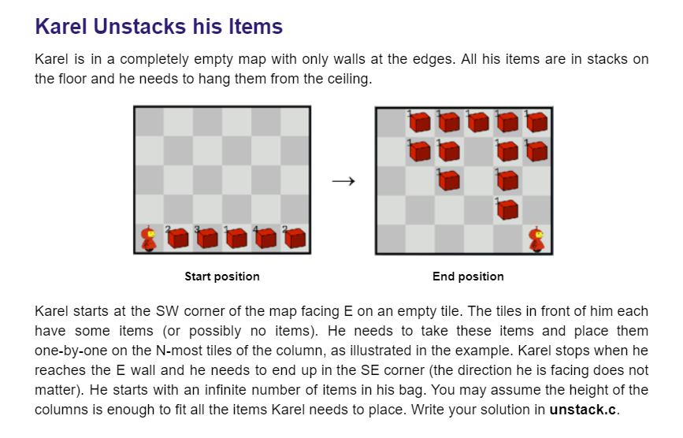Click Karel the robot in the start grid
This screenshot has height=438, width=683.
pos(148,238)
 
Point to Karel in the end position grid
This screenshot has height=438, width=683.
pos(537,238)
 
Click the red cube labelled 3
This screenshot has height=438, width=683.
pos(208,238)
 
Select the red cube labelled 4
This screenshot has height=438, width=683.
pos(266,238)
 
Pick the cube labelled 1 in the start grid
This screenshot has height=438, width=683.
pos(237,238)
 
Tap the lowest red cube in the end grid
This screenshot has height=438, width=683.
pos(508,210)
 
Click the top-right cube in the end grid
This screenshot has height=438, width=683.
pos(537,121)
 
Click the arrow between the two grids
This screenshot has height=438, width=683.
pos(343,182)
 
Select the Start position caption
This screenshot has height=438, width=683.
pos(222,277)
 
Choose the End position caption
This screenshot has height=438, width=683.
pos(468,277)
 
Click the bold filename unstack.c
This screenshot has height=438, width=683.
pos(583,410)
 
